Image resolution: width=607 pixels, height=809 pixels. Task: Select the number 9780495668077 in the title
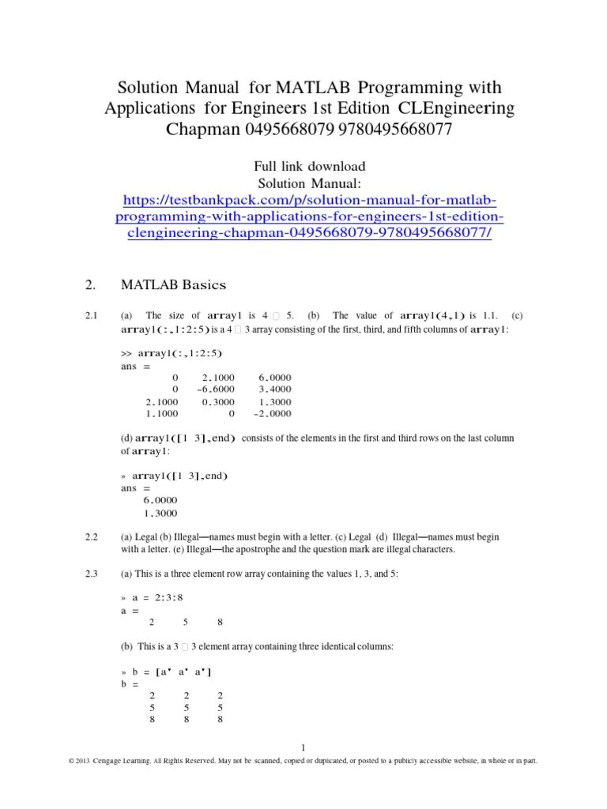click(x=394, y=129)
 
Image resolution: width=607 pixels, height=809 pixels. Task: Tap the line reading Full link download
click(x=309, y=167)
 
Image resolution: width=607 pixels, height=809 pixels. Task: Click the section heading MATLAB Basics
click(x=173, y=284)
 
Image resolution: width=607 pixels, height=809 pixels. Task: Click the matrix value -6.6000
click(x=216, y=389)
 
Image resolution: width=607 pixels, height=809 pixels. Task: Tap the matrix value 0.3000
click(x=219, y=401)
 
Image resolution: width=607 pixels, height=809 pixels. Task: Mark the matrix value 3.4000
click(x=274, y=389)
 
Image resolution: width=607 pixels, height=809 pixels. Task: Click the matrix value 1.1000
click(x=162, y=413)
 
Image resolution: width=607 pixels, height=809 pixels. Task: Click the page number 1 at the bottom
click(x=303, y=747)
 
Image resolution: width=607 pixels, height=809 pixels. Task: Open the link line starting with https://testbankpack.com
click(x=309, y=200)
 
